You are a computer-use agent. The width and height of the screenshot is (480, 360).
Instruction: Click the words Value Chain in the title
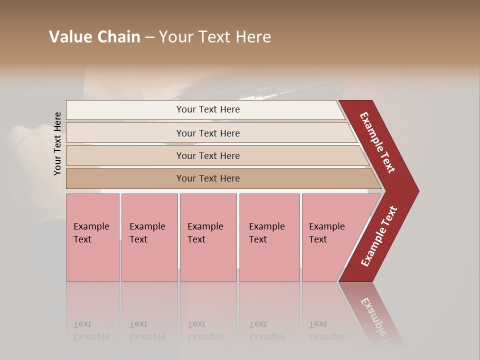[94, 37]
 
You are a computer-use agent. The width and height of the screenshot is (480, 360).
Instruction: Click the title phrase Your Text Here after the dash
[215, 37]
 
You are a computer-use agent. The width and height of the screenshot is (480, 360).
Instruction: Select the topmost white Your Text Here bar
[208, 109]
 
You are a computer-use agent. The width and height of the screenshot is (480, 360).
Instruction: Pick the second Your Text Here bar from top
[208, 133]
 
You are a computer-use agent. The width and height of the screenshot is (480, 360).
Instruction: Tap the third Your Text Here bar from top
[208, 155]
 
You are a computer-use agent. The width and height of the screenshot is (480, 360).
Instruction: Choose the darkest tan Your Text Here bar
[208, 178]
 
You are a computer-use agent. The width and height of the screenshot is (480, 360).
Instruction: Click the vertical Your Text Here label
[58, 143]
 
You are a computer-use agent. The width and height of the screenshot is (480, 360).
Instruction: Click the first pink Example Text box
[92, 237]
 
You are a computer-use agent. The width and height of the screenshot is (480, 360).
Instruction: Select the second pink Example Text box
[149, 237]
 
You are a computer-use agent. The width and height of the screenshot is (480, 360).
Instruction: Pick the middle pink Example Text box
[208, 237]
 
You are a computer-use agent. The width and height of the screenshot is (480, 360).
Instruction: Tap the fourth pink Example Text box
[269, 237]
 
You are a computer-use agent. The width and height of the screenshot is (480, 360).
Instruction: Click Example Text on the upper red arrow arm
[378, 143]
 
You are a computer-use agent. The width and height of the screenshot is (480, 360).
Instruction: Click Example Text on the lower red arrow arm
[378, 236]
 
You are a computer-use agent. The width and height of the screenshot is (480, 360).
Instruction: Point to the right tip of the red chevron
[417, 191]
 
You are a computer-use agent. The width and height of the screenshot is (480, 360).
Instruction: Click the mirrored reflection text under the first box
[91, 330]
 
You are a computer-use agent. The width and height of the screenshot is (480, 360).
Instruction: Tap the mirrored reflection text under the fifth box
[327, 330]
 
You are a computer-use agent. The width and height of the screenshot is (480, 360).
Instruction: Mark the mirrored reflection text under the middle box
[205, 330]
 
